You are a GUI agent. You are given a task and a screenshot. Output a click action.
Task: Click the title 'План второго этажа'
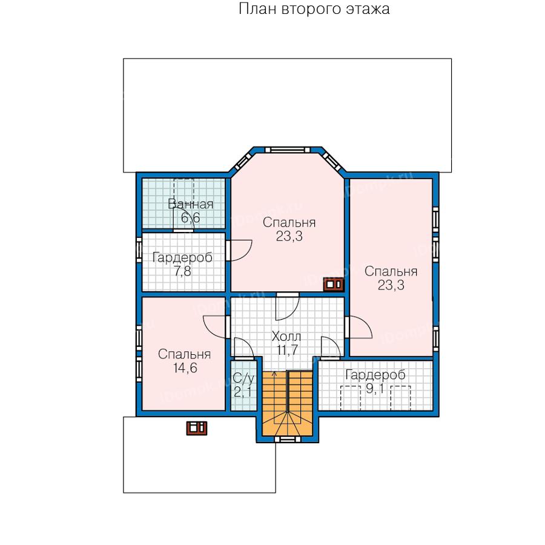tap(314, 8)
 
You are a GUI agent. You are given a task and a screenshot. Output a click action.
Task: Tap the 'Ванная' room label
tap(191, 204)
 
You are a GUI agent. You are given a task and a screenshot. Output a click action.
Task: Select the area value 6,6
tap(191, 218)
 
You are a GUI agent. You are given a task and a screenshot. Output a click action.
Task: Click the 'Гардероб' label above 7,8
tap(182, 258)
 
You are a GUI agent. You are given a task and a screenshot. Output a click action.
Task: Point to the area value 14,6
tap(185, 368)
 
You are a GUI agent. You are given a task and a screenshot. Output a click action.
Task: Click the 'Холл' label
tap(286, 337)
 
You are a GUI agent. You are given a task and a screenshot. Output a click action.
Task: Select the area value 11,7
tap(287, 350)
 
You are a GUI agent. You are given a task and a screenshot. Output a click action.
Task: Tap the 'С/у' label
tap(243, 378)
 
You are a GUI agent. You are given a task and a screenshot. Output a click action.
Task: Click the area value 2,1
tap(243, 392)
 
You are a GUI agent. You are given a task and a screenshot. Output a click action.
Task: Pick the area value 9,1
tap(375, 389)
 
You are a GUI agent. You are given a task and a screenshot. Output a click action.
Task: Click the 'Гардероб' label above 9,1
tap(375, 375)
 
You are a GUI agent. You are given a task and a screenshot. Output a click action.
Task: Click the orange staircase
tap(287, 403)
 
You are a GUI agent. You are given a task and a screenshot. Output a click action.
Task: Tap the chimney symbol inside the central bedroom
tap(334, 285)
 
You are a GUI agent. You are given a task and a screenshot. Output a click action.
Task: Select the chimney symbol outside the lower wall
tap(197, 428)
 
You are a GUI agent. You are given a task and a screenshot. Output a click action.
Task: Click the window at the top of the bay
tap(288, 150)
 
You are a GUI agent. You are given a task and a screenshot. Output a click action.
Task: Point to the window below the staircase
tap(288, 440)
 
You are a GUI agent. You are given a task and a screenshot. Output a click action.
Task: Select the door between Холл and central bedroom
tap(288, 306)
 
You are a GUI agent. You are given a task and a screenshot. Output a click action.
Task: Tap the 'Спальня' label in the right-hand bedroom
tap(391, 271)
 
